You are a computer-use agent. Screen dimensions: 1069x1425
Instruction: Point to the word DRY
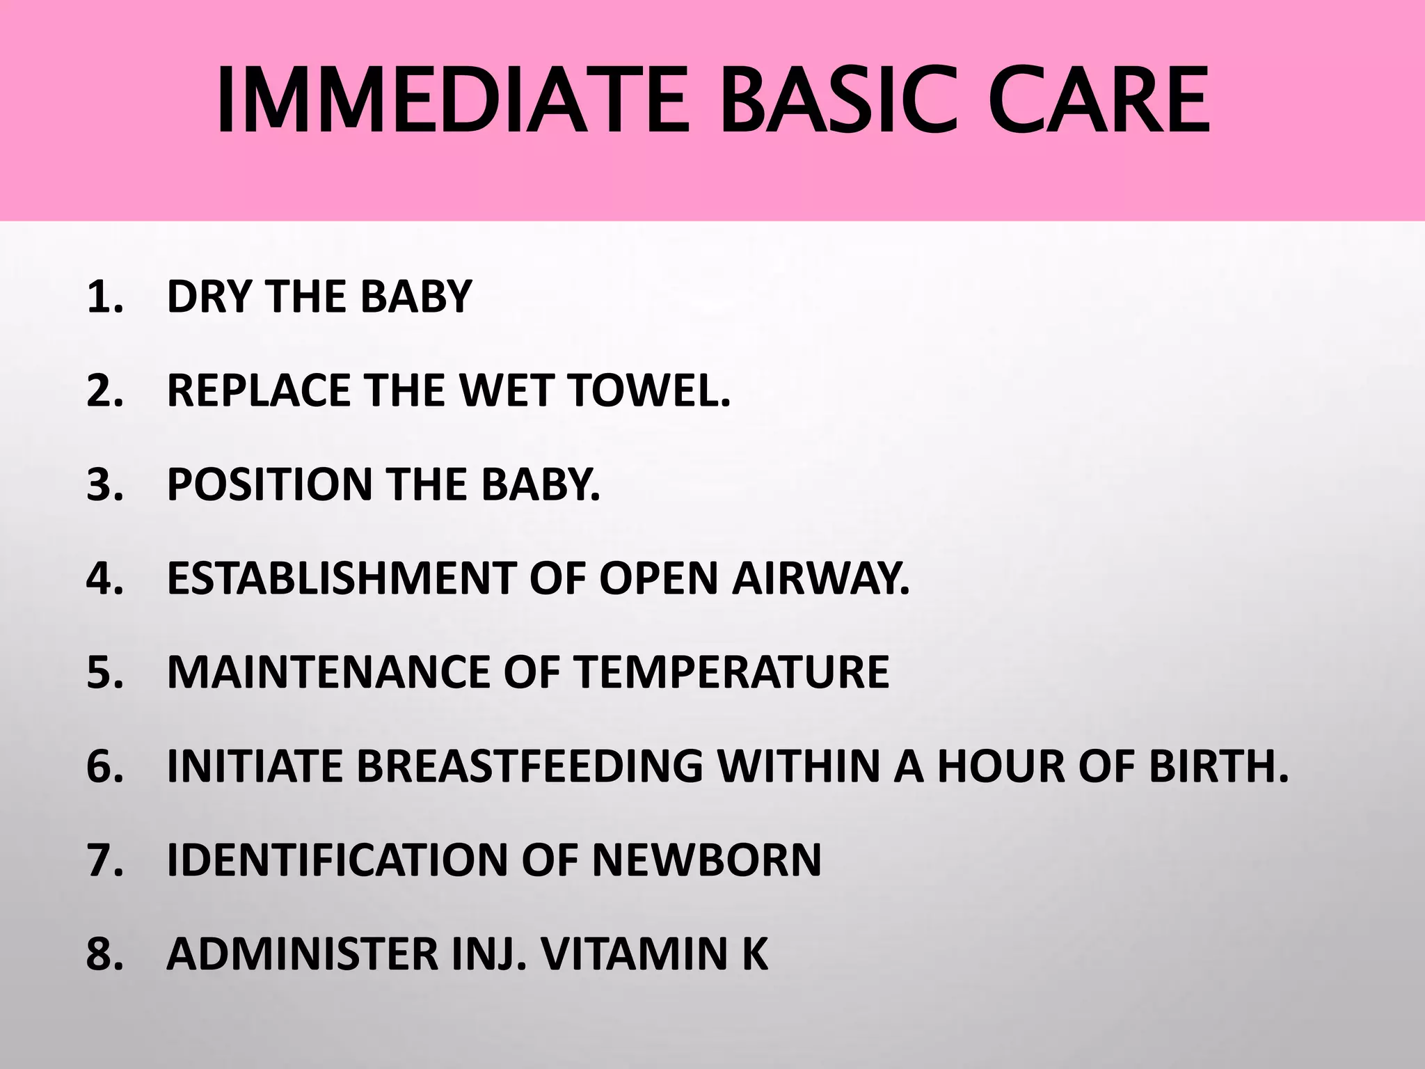click(209, 297)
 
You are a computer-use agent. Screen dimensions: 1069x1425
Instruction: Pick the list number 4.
click(104, 578)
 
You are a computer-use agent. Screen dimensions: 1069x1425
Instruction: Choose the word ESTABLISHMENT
click(341, 578)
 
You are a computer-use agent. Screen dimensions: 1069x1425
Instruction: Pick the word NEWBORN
click(707, 860)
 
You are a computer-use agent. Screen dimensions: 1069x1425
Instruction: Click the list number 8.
click(104, 954)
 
